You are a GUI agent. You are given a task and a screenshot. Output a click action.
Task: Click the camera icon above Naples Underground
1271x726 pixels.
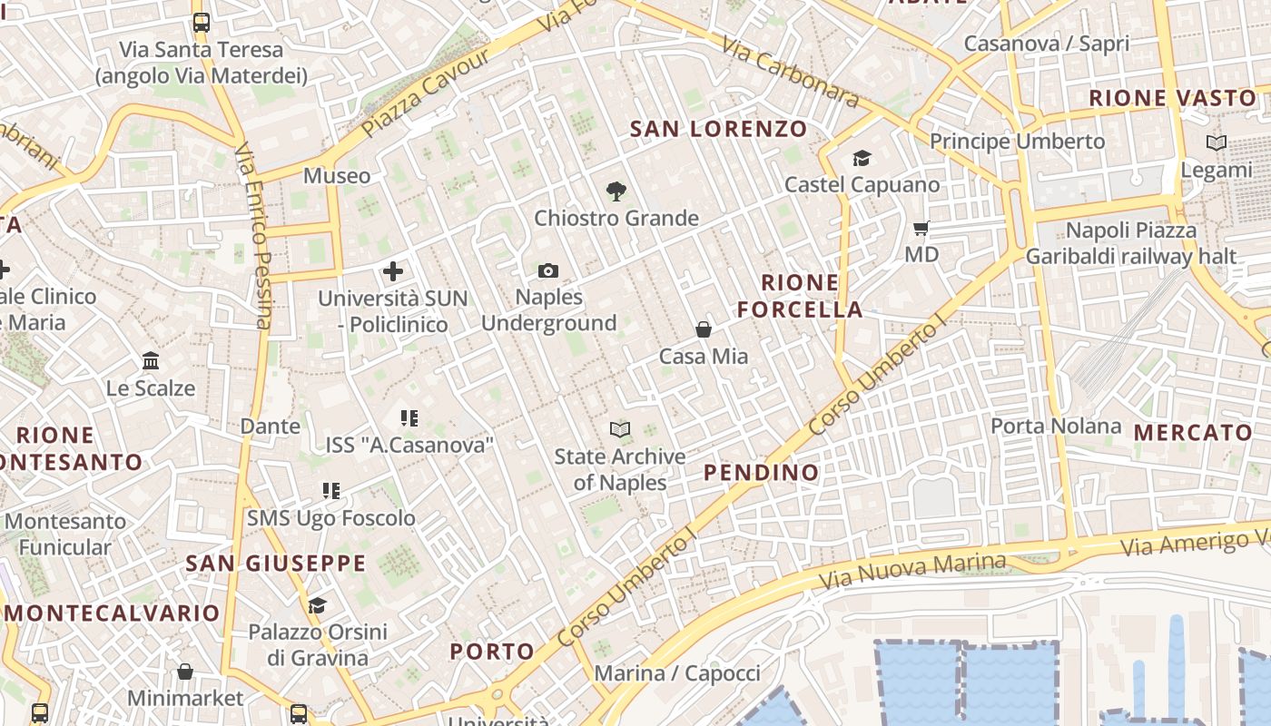coord(547,270)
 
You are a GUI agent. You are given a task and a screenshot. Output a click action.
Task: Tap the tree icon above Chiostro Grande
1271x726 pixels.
coord(616,191)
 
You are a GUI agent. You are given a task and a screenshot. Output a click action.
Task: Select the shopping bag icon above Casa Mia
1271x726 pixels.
coord(704,329)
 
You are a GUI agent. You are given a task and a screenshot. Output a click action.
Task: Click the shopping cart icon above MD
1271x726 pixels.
coord(921,229)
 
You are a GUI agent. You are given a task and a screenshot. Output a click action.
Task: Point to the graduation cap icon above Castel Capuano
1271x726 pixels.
coord(862,159)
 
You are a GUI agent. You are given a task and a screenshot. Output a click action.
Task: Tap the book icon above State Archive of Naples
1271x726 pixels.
coord(620,429)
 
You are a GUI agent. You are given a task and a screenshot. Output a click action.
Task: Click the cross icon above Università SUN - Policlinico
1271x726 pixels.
coord(393,270)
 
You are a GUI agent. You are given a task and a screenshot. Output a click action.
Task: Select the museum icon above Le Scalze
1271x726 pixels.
coord(151,361)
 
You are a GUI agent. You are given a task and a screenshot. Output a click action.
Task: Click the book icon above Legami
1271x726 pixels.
coord(1216,142)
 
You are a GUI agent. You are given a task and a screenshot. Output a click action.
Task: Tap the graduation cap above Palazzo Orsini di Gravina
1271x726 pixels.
coord(317,605)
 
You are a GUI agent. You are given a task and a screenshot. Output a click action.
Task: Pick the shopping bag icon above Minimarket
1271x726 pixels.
coord(185,672)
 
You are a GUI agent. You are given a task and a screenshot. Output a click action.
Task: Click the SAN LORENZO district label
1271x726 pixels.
coord(718,129)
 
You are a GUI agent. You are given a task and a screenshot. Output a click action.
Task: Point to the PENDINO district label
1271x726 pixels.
coord(761,472)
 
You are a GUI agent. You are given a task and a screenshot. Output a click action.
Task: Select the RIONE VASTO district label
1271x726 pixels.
coord(1172,98)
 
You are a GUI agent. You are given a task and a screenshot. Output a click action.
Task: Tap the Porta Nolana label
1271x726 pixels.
coord(1056,426)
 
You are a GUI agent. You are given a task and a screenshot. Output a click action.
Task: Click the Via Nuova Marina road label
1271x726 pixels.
coord(912,570)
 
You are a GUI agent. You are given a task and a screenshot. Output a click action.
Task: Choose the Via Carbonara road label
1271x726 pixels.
coord(791,73)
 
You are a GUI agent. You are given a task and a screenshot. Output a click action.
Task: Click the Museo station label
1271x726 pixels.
coord(337,176)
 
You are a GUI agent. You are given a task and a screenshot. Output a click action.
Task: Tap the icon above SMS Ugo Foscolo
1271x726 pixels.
coord(331,491)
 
